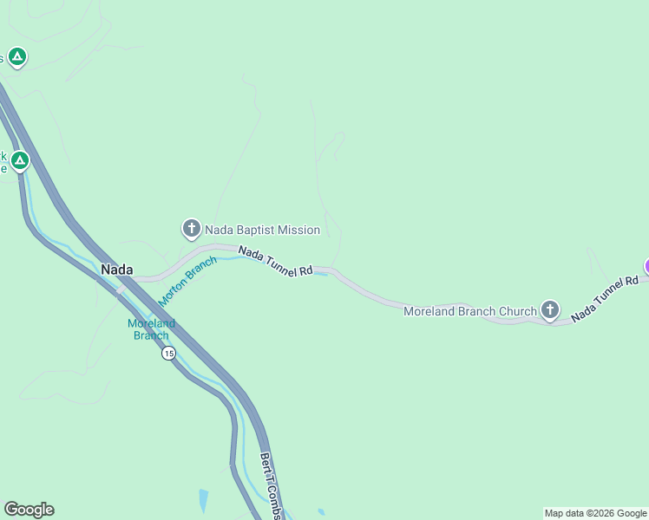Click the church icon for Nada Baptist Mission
191,229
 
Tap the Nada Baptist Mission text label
262,231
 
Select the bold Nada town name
117,270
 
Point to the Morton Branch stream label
187,281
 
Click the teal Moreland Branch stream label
151,329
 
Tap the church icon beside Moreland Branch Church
549,309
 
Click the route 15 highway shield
168,354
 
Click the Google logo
29,510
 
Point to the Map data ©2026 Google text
595,513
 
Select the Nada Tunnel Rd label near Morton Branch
275,261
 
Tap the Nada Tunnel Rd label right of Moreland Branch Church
605,295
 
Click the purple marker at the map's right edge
646,266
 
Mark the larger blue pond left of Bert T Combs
203,499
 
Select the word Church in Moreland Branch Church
519,311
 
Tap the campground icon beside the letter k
19,160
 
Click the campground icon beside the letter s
17,57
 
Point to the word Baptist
252,231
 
